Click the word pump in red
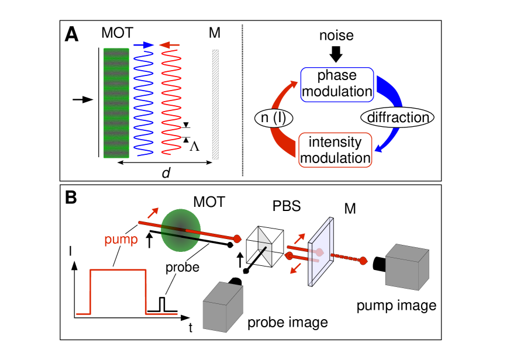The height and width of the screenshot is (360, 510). click(x=121, y=240)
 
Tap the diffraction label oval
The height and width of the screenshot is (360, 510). click(x=397, y=117)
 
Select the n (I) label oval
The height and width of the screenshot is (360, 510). click(x=274, y=118)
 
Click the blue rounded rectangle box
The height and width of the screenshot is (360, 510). click(x=337, y=85)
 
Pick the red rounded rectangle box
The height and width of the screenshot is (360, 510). click(x=335, y=150)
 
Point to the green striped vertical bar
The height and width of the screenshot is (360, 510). click(x=116, y=103)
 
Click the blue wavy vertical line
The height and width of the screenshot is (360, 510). click(x=143, y=103)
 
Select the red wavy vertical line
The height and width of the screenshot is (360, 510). click(x=170, y=103)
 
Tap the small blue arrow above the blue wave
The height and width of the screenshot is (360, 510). click(x=143, y=45)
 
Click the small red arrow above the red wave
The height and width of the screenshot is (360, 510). click(x=170, y=45)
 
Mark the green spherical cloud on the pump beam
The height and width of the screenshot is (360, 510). click(x=181, y=230)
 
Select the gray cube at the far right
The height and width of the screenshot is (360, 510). click(x=407, y=267)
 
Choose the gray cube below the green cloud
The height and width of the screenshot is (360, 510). click(x=222, y=307)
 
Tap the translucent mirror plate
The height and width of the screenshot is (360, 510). click(x=321, y=252)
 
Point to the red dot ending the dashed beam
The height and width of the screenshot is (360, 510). click(x=363, y=261)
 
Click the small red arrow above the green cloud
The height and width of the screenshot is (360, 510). click(x=153, y=213)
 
